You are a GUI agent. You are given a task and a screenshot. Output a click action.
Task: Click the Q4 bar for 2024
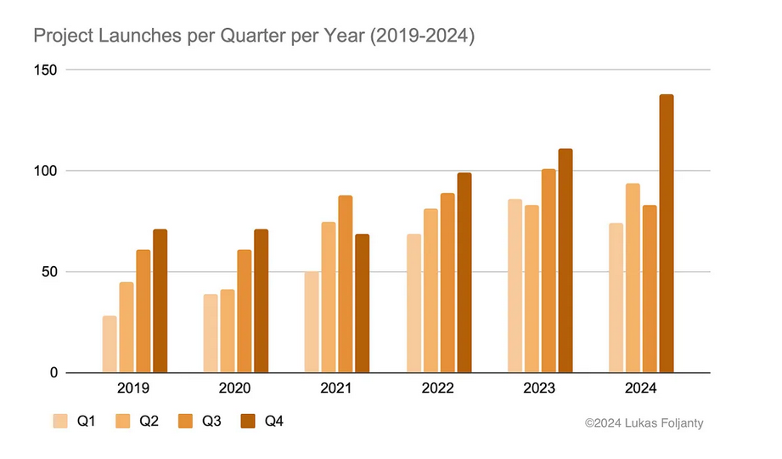click(667, 233)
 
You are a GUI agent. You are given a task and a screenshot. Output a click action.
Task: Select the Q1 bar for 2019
click(110, 344)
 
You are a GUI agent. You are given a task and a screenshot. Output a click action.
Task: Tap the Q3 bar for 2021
click(345, 284)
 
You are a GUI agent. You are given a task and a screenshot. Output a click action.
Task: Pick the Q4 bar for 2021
click(362, 303)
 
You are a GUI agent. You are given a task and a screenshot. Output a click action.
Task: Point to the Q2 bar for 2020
click(228, 331)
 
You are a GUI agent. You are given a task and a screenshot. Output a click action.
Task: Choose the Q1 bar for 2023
click(515, 286)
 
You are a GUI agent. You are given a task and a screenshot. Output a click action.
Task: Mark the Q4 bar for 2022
click(464, 273)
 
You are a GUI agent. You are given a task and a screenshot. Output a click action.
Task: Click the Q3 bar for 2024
click(650, 289)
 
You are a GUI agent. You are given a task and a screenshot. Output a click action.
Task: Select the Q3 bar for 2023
click(549, 270)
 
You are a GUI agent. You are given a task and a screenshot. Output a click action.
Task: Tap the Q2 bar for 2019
click(127, 327)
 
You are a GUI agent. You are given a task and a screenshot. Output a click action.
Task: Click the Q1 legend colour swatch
click(60, 421)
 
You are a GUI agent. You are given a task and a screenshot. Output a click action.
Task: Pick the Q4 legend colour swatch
click(248, 421)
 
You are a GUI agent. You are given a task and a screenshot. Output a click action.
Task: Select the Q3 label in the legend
click(211, 421)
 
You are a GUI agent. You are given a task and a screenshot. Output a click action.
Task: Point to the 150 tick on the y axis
click(45, 70)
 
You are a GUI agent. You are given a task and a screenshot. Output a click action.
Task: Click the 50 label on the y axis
click(49, 272)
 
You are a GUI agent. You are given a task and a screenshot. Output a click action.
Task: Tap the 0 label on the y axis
click(53, 372)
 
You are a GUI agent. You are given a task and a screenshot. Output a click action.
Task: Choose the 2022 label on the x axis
click(437, 388)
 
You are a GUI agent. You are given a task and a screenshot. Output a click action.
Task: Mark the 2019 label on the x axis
click(133, 388)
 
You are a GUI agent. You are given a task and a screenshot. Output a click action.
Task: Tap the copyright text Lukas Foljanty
click(664, 423)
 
